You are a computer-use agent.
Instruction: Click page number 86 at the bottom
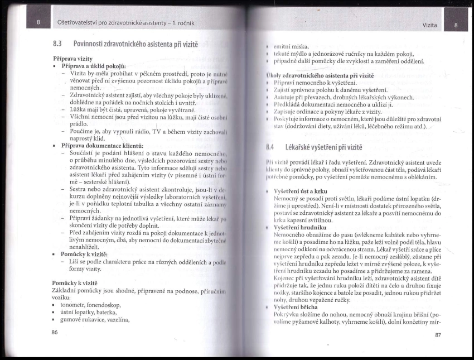(54, 333)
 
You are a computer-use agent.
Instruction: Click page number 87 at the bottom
(437, 335)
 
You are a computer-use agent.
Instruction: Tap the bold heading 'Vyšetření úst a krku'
(302, 190)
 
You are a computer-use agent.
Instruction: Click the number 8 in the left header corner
(38, 22)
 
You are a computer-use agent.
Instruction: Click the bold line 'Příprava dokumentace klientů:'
(103, 145)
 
